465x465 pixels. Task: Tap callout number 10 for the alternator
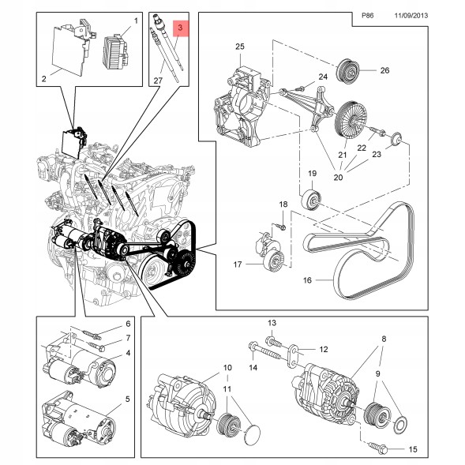coord(226,367)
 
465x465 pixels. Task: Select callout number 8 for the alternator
coord(384,339)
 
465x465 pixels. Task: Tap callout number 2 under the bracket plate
coord(43,79)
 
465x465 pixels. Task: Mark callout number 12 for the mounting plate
coord(323,349)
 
